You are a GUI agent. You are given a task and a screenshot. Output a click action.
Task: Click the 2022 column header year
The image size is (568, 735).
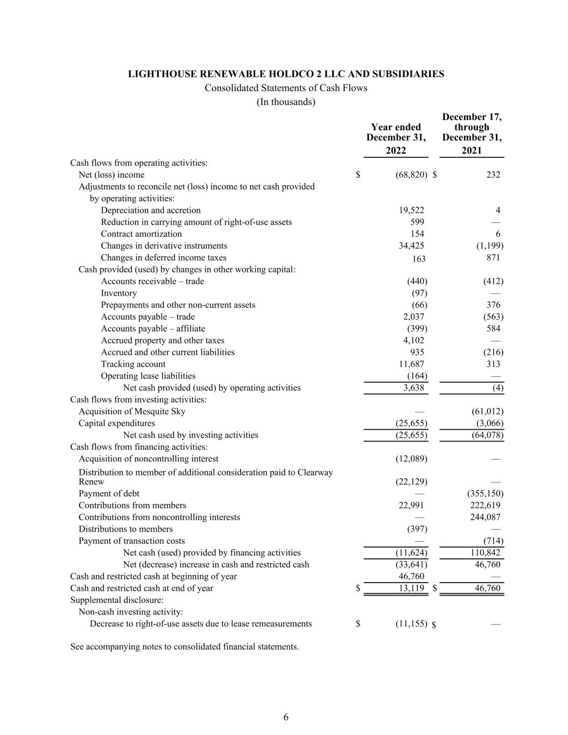pos(396,151)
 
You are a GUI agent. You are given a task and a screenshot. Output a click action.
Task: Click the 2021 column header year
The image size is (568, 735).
pos(472,151)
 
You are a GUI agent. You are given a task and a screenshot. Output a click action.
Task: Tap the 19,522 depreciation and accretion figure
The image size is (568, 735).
pos(410,210)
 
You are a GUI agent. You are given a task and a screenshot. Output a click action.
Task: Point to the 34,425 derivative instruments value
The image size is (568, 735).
pos(410,246)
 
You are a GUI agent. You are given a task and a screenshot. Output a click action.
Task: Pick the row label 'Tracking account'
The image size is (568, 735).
pos(133,364)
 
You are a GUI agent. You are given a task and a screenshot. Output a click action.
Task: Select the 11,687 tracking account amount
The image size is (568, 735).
pos(410,364)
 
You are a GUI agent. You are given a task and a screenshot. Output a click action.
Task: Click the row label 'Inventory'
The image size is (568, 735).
pos(118,293)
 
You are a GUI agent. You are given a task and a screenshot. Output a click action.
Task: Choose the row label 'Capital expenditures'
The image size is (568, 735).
pos(116,423)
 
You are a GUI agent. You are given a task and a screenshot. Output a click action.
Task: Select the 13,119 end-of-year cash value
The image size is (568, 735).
pos(410,588)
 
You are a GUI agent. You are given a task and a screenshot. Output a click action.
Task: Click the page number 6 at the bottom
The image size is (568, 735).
pos(286,717)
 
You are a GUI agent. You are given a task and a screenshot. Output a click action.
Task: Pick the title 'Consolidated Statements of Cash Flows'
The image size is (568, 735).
pos(286,88)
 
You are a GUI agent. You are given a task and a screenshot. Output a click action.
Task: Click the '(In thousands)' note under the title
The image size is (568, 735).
pos(286,102)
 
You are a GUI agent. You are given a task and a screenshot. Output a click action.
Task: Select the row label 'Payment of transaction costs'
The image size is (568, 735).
pos(131,541)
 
